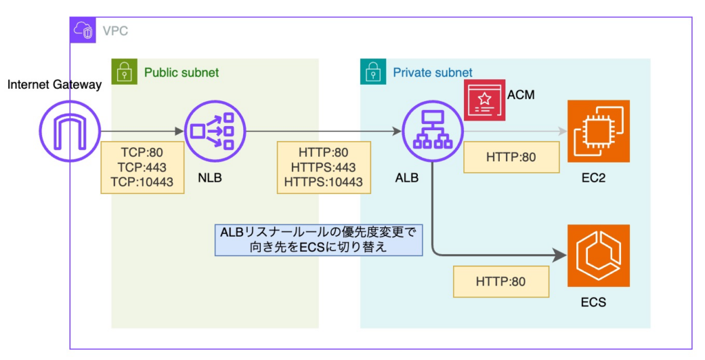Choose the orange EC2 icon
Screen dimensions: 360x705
(x=589, y=131)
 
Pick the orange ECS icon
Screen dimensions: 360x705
(x=589, y=255)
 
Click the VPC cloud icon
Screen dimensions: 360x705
(x=83, y=30)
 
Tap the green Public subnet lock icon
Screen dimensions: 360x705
(x=125, y=72)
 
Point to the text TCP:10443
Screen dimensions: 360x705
(x=143, y=182)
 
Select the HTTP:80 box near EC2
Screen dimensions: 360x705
(x=511, y=158)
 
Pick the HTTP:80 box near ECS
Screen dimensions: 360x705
(x=501, y=282)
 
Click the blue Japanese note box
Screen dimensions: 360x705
(x=318, y=240)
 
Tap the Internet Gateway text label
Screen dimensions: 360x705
(x=54, y=85)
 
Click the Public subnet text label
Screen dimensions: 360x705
(x=181, y=72)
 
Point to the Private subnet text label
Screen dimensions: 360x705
(x=432, y=72)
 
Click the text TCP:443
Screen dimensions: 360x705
(x=143, y=167)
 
